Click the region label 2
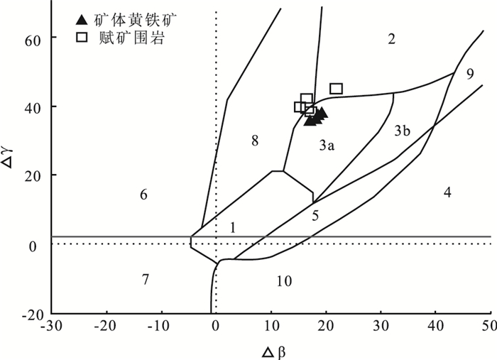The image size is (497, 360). coord(391,39)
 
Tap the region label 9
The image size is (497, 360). coord(470,74)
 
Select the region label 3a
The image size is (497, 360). coord(327,145)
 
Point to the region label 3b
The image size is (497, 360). coord(402,131)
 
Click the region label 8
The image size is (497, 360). coord(254,141)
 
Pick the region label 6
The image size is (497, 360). coord(143,195)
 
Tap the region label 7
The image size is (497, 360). coord(145,279)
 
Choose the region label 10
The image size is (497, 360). coord(284,282)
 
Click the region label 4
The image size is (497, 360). coord(447,192)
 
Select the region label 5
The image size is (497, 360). coord(315,215)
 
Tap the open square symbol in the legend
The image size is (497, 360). coord(82,38)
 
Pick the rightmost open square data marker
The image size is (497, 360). coord(336,89)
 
